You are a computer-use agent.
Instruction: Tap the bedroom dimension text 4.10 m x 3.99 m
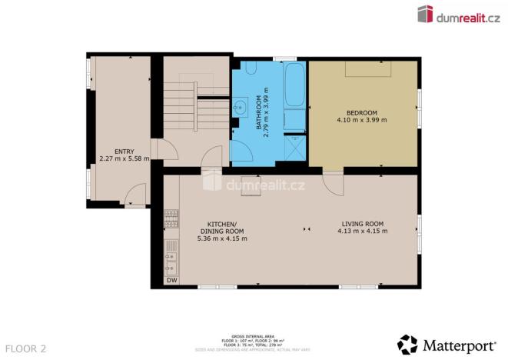click(361, 120)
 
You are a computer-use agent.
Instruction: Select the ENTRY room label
click(124, 152)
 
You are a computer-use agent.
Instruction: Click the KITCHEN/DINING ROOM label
click(221, 228)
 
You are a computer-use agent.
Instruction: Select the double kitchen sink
click(171, 259)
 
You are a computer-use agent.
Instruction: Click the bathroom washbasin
click(241, 106)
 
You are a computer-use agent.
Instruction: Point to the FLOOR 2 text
click(24, 348)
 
